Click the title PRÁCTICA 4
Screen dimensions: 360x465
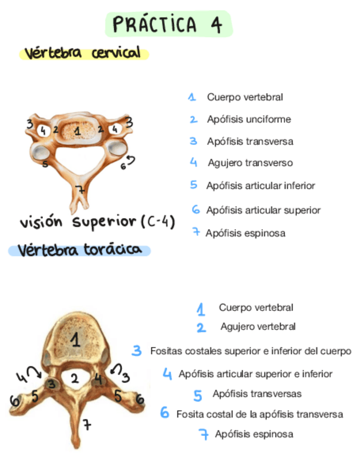[x=168, y=25]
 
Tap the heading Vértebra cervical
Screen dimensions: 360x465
[x=83, y=54]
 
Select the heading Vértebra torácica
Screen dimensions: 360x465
[x=78, y=251]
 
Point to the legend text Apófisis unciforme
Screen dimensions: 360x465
[x=249, y=119]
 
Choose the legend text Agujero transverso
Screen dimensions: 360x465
[x=250, y=163]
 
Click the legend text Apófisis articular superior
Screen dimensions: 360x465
[x=263, y=210]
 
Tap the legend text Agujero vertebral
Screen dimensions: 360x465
[x=258, y=327]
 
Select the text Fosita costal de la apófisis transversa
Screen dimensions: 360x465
[x=260, y=414]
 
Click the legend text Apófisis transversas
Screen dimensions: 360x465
[x=257, y=394]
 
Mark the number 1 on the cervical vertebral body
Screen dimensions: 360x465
[x=77, y=131]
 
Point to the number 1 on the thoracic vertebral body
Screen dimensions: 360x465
[x=75, y=341]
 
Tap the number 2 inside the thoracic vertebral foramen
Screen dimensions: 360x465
[x=75, y=377]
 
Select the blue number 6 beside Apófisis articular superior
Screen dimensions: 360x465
[x=195, y=209]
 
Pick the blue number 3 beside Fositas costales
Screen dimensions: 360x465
[x=137, y=350]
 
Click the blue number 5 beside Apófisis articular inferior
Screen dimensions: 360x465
[x=194, y=185]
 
